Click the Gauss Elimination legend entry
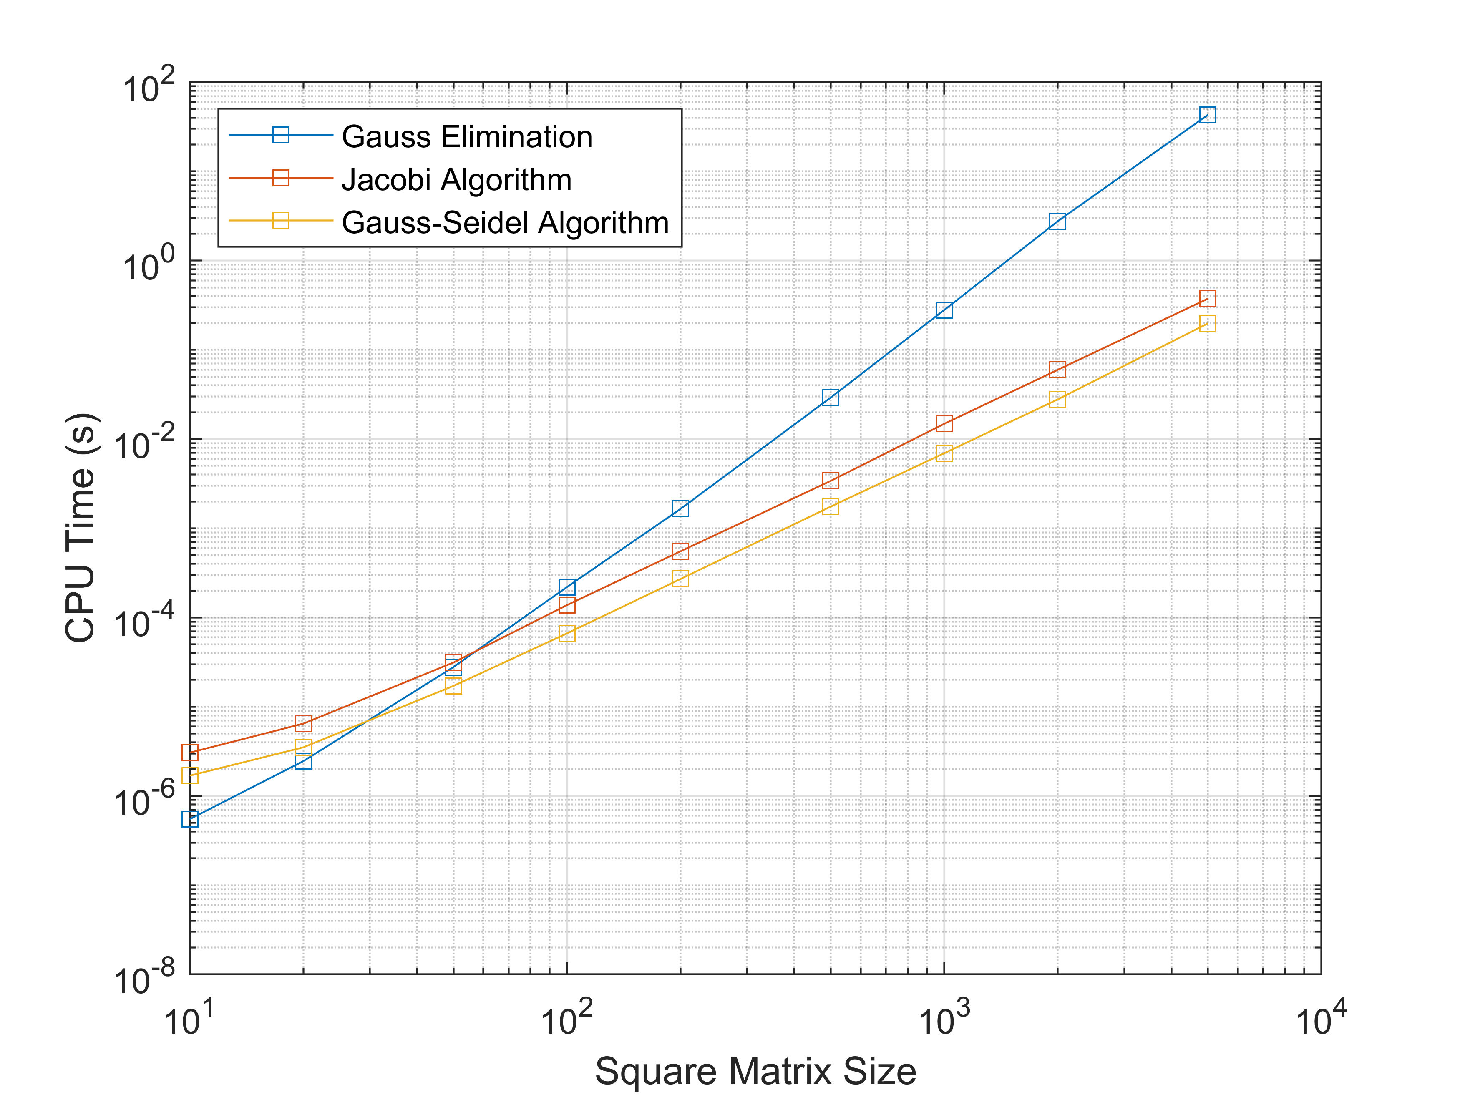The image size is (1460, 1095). tap(467, 137)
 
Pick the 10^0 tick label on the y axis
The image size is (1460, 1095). tap(149, 264)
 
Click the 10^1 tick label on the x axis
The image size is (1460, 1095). tap(189, 1018)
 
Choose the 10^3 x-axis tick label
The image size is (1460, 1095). tap(944, 1018)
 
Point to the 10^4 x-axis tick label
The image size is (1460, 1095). tap(1321, 1018)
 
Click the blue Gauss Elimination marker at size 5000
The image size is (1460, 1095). tap(1207, 116)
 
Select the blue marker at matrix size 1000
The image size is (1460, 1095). tap(944, 310)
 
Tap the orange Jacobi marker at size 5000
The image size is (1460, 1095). tap(1207, 298)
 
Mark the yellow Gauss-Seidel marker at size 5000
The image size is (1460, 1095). tap(1207, 323)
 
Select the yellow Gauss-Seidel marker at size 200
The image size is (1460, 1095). tap(680, 579)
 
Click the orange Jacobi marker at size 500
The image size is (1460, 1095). tap(831, 481)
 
